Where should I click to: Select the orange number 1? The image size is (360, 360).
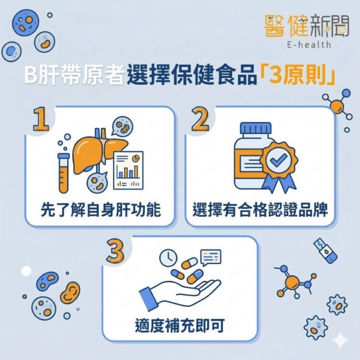(43, 120)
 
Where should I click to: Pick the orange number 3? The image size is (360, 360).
(116, 252)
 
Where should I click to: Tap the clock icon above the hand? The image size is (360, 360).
(168, 257)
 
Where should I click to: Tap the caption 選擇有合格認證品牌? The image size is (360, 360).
(260, 210)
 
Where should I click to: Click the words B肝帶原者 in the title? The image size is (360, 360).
(74, 77)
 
